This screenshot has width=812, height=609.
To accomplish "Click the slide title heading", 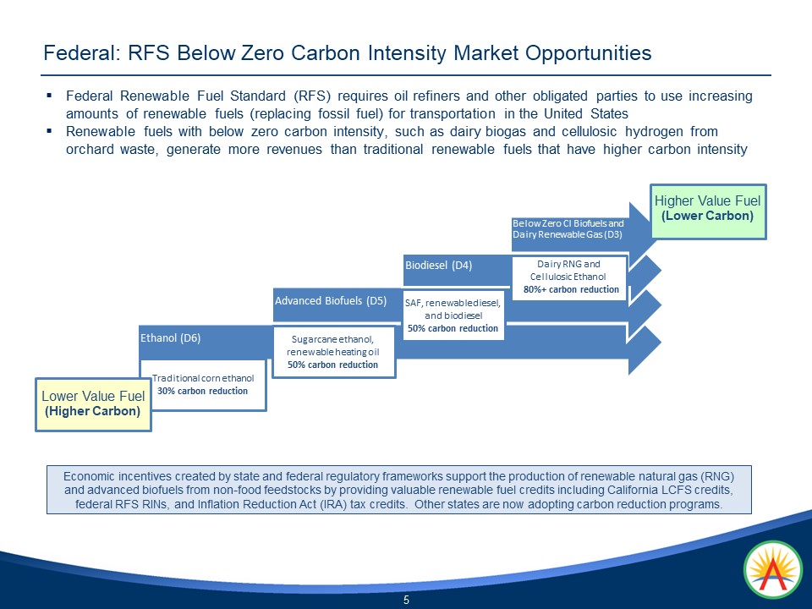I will (x=348, y=53).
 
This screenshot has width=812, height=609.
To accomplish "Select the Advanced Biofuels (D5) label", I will (x=331, y=299).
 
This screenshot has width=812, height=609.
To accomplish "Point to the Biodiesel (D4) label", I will (x=438, y=265).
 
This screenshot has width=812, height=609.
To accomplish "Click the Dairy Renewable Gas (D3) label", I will (x=568, y=234).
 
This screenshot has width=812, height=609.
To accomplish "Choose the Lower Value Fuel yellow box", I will (x=93, y=403).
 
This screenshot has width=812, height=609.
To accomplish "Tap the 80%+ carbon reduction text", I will (x=571, y=289).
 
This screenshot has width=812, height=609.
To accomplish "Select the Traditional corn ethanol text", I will (x=203, y=379).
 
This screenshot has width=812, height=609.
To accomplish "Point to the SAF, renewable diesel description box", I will (x=453, y=315).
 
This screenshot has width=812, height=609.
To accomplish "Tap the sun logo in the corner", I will (x=771, y=570).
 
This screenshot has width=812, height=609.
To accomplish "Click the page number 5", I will (x=406, y=600).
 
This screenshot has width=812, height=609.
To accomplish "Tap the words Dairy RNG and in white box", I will (x=568, y=264).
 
